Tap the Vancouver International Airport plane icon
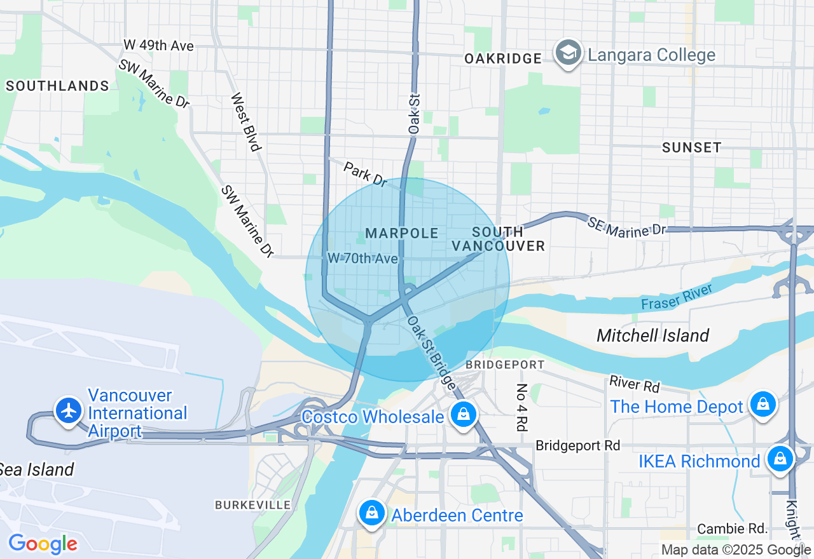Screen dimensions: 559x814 [68, 410]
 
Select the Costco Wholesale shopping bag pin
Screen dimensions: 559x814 [464, 415]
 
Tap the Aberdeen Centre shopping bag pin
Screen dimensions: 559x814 [371, 513]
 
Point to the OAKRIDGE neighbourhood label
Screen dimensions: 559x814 [502, 58]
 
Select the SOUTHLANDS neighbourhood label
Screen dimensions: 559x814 [57, 86]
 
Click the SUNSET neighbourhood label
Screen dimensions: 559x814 [691, 147]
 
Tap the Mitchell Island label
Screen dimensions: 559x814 [652, 335]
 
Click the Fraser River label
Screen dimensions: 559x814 [677, 297]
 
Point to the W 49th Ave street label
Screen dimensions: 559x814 [158, 46]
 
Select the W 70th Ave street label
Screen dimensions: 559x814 [362, 259]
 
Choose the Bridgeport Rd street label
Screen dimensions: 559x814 [577, 445]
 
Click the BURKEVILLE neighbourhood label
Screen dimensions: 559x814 [252, 505]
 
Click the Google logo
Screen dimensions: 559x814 [43, 544]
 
